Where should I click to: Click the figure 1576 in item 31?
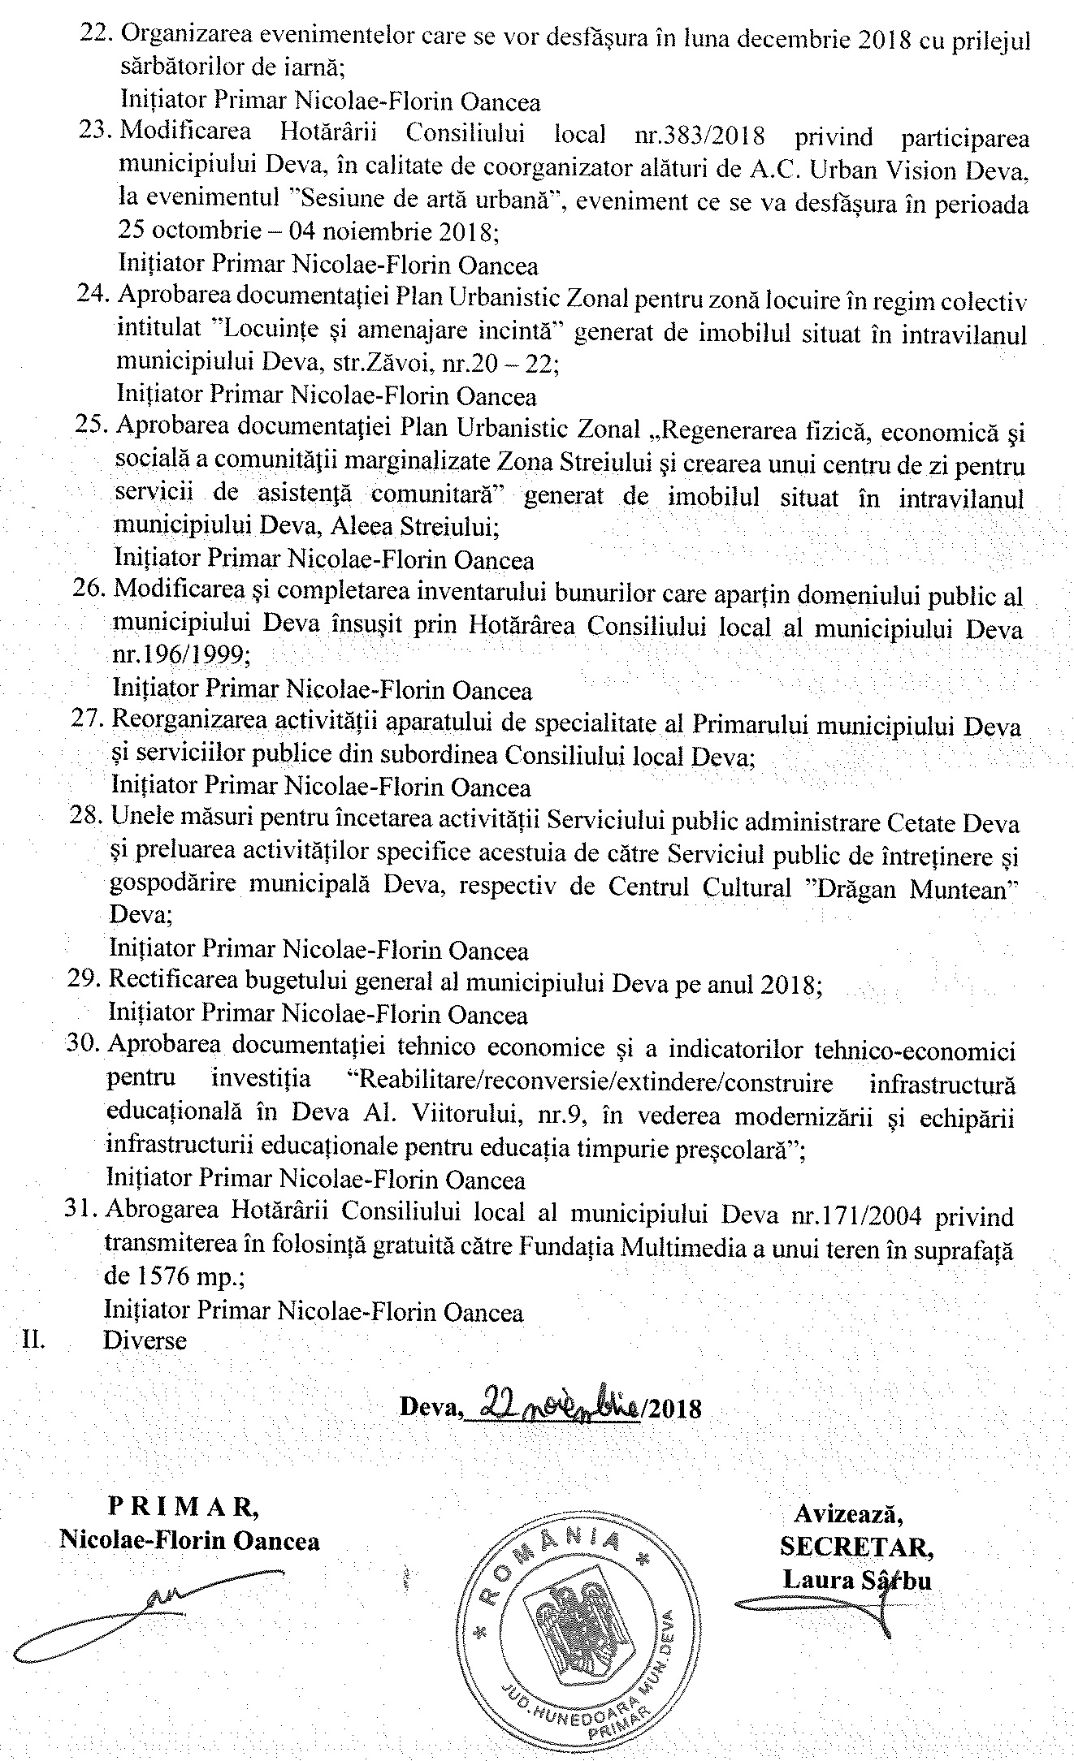pyautogui.click(x=156, y=1277)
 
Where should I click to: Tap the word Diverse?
pyautogui.click(x=145, y=1340)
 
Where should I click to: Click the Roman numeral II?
pyautogui.click(x=34, y=1340)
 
